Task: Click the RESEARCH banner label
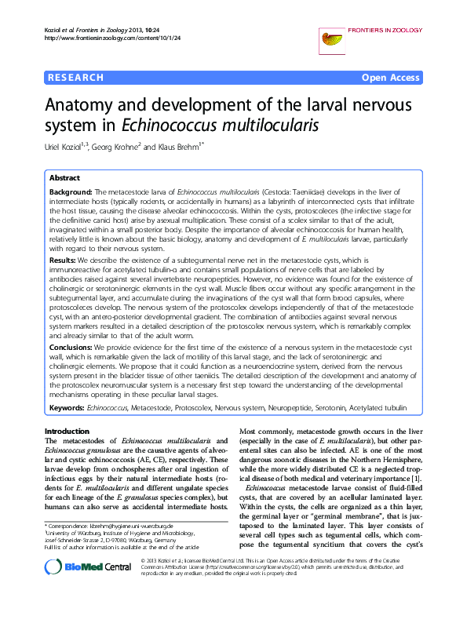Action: (x=76, y=78)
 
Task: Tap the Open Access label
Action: (x=390, y=78)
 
